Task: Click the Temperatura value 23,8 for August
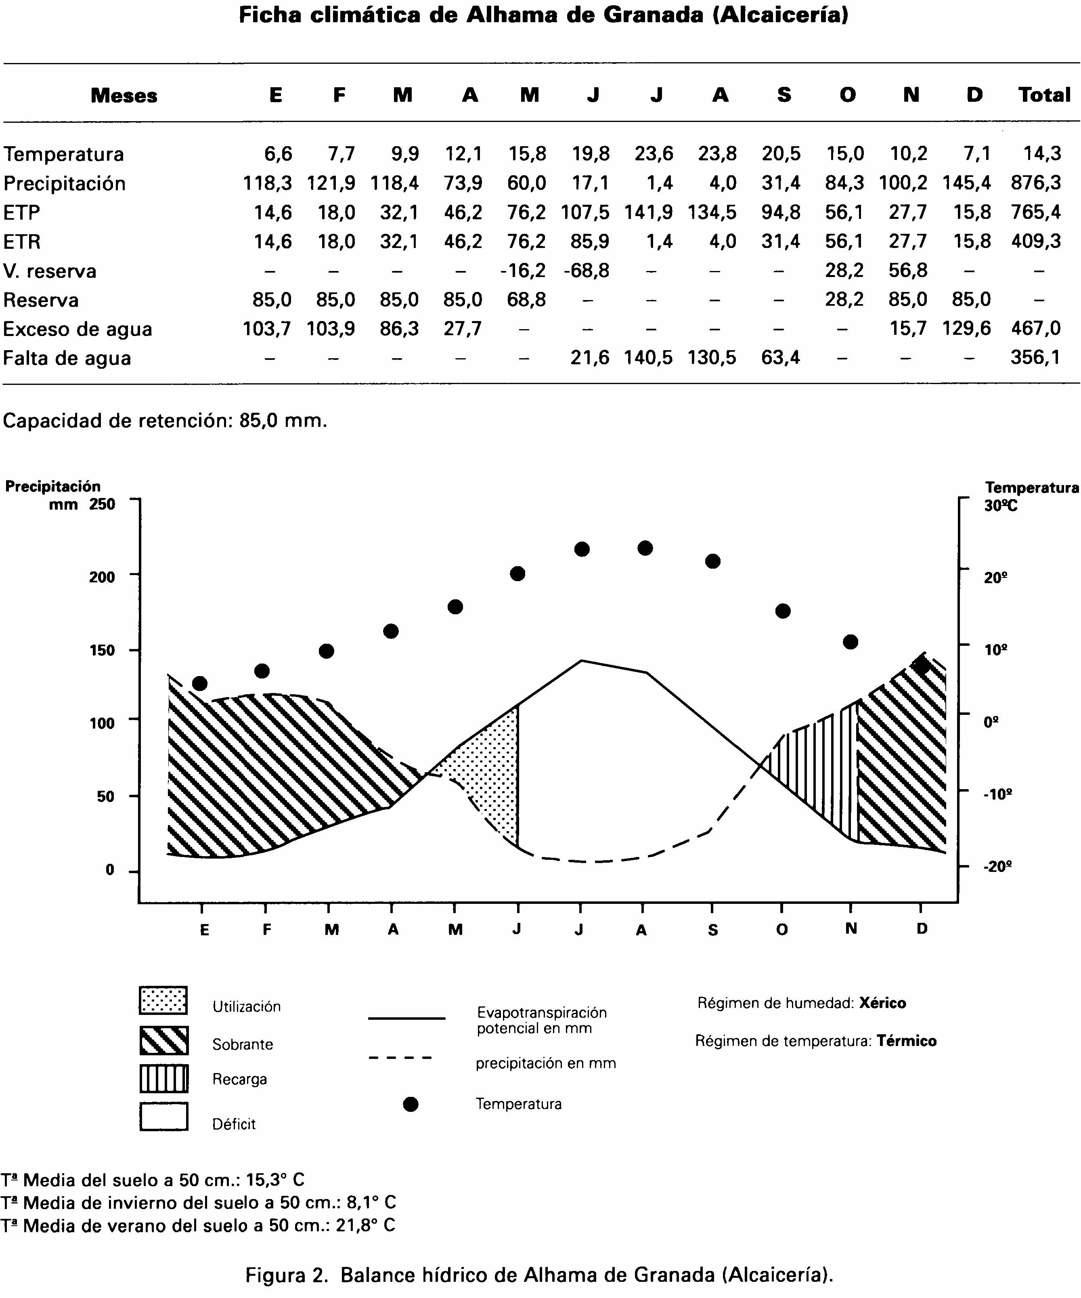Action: (x=717, y=153)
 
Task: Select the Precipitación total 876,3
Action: (x=1036, y=183)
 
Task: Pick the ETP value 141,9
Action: (x=649, y=212)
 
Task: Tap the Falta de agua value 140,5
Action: (x=649, y=358)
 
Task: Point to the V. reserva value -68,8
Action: (x=586, y=271)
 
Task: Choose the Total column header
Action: (x=1044, y=95)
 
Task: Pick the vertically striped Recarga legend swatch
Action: (x=164, y=1079)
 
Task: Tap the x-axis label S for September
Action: (x=713, y=930)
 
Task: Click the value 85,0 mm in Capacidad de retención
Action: (x=282, y=421)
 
